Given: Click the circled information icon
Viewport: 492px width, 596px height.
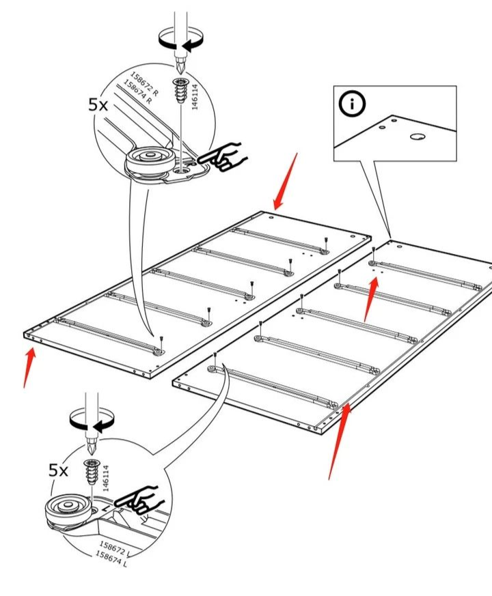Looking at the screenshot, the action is click(x=352, y=103).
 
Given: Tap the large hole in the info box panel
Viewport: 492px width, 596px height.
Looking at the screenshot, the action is click(x=418, y=136).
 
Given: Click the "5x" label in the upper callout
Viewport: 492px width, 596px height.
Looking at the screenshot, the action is click(x=98, y=104).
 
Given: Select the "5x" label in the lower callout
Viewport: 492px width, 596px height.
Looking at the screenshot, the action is click(x=58, y=470).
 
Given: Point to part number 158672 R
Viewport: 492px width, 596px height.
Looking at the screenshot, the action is click(x=144, y=83).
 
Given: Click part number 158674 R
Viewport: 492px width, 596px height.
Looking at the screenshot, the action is click(x=138, y=92).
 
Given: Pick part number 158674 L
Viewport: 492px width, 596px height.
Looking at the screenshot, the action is click(x=111, y=558).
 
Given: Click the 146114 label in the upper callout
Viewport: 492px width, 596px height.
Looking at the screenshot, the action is click(x=195, y=97).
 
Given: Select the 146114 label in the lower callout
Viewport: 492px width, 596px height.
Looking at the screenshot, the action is click(x=105, y=478).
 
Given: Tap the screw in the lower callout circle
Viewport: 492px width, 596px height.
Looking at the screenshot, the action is click(x=92, y=472).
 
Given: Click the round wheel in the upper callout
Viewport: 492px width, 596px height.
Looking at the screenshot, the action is click(x=151, y=159).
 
